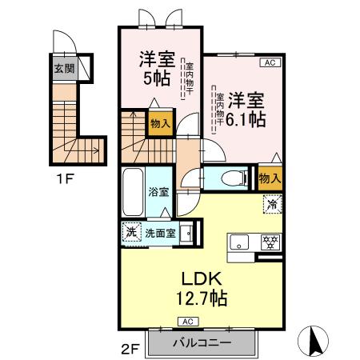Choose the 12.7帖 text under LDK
pyautogui.click(x=201, y=298)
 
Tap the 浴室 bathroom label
pyautogui.click(x=158, y=192)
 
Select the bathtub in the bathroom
pyautogui.click(x=133, y=191)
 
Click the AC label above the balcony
pyautogui.click(x=187, y=321)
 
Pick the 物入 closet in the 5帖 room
pyautogui.click(x=159, y=124)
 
